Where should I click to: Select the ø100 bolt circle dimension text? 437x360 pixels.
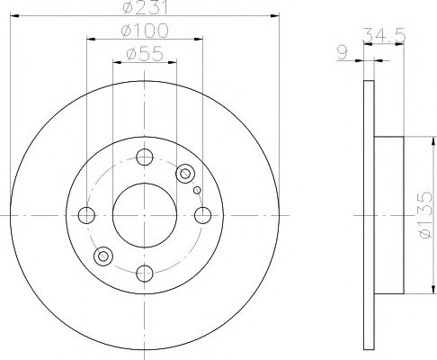[x=145, y=32]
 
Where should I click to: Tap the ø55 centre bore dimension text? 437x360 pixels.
[x=145, y=55]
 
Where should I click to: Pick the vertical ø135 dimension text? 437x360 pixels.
[x=424, y=216]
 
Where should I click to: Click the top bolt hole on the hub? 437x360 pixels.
[x=145, y=157]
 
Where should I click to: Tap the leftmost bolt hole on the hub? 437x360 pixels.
[x=87, y=215]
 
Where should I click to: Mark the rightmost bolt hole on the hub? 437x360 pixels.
[x=203, y=215]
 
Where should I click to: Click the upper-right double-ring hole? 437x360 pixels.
[x=186, y=173]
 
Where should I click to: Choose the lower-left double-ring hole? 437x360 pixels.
[x=103, y=257]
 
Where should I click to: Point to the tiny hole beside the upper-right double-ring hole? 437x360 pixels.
[x=197, y=190]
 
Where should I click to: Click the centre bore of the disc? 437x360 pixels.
[x=145, y=215]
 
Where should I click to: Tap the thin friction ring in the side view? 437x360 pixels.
[x=367, y=215]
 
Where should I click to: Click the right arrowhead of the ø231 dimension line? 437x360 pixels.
[x=275, y=17]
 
